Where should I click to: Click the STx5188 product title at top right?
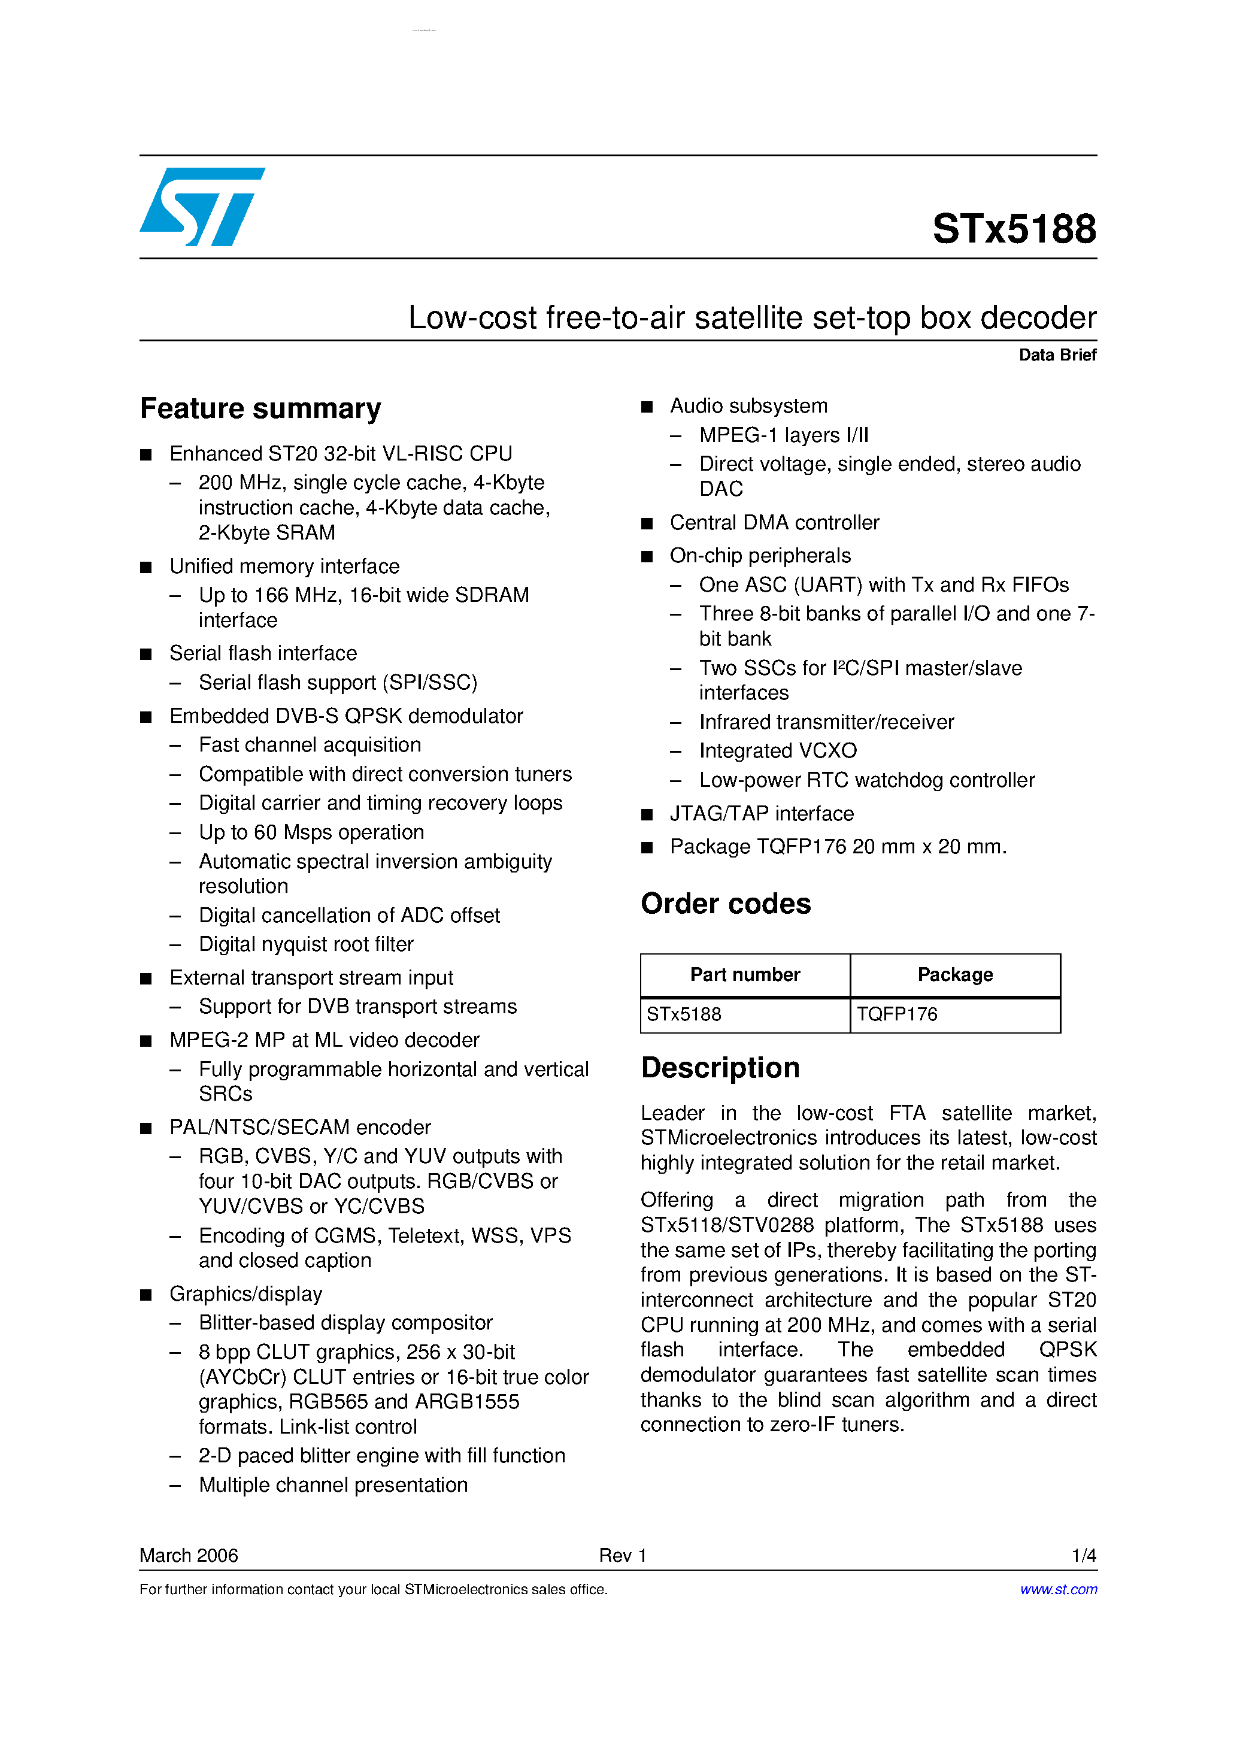click(x=1014, y=229)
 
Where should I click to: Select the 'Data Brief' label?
click(x=1057, y=355)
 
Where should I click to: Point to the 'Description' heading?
click(x=720, y=1068)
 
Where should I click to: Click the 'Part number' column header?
click(x=744, y=975)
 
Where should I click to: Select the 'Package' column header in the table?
click(x=955, y=975)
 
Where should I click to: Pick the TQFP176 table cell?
click(x=897, y=1014)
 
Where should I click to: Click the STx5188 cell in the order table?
click(x=684, y=1014)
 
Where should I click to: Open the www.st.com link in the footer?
click(x=1059, y=1589)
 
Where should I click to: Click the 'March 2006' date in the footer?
click(x=189, y=1555)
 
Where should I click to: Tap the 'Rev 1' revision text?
click(x=622, y=1555)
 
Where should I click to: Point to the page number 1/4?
click(x=1084, y=1555)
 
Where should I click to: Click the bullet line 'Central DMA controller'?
click(x=774, y=522)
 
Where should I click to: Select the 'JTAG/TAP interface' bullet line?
click(x=761, y=814)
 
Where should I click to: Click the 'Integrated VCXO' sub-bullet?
click(x=777, y=751)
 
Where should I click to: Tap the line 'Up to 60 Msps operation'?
click(x=311, y=832)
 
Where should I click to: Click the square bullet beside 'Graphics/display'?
click(x=147, y=1295)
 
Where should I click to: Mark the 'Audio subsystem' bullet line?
click(x=748, y=406)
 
